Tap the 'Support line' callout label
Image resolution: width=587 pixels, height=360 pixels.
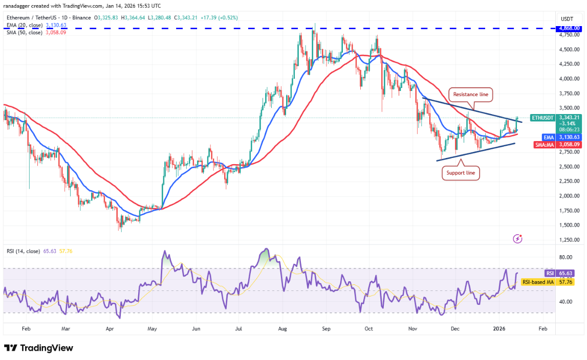click(461, 173)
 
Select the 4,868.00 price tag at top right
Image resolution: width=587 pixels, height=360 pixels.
click(569, 28)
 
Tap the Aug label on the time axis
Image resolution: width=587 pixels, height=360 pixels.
click(283, 330)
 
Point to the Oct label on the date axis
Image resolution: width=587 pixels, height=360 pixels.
click(369, 330)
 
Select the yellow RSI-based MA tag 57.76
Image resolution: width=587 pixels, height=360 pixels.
click(538, 282)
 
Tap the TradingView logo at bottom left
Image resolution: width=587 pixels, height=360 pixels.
click(39, 348)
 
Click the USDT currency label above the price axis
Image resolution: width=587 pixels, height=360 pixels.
click(567, 18)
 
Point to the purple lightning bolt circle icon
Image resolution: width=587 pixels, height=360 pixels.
click(518, 238)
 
